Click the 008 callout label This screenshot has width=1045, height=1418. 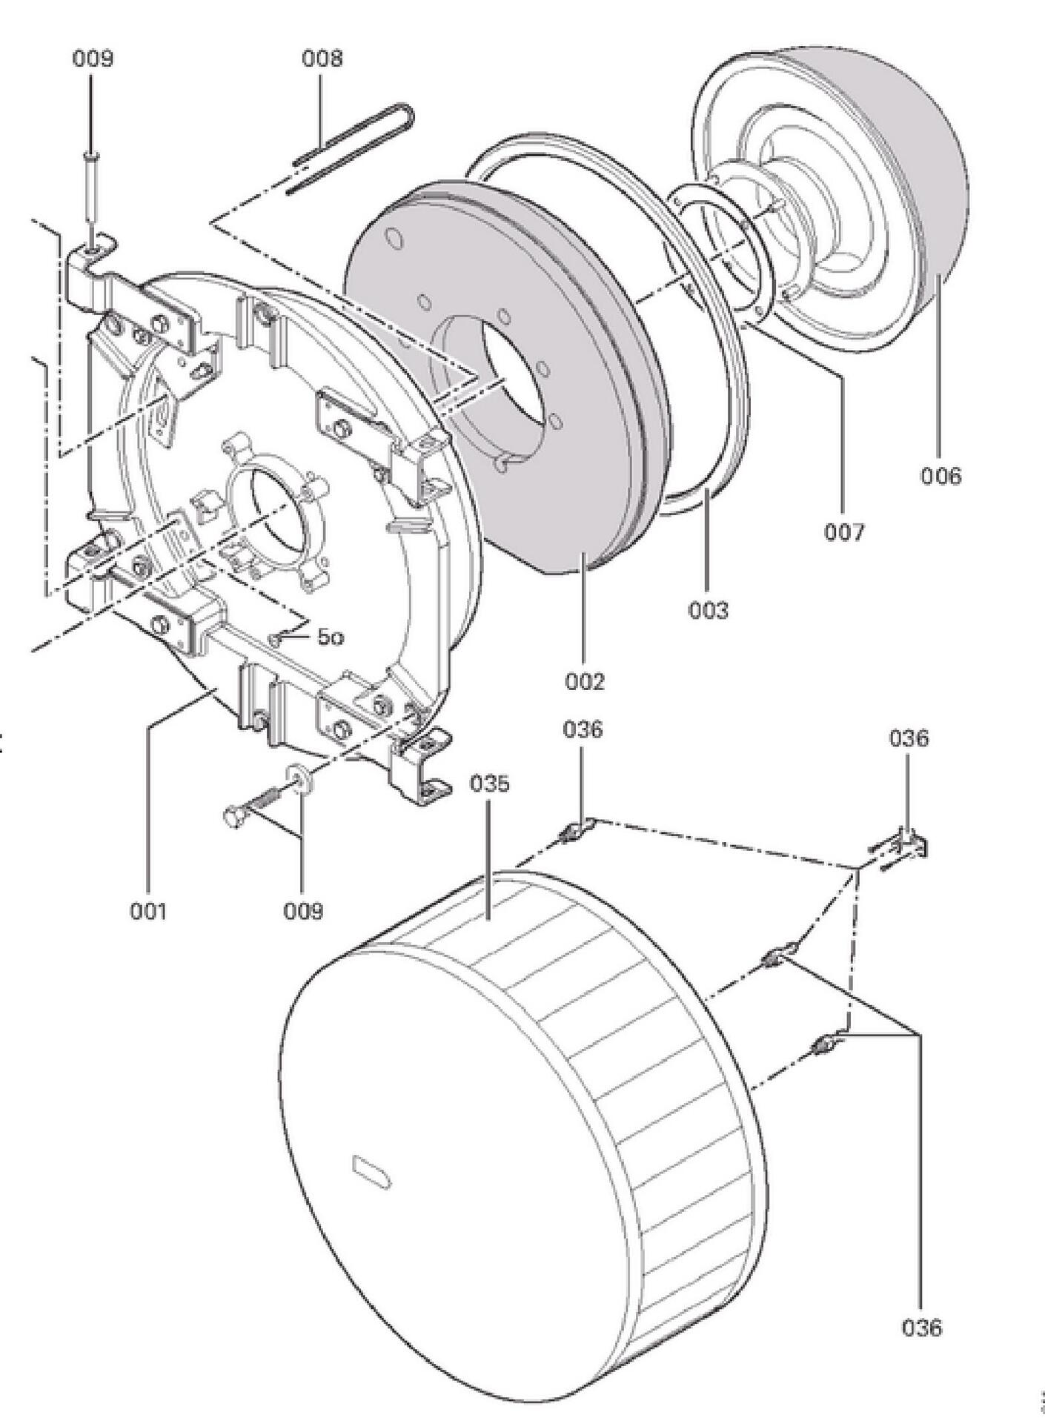coord(322,59)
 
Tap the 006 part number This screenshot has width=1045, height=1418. coord(940,475)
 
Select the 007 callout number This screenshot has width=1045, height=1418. coord(844,531)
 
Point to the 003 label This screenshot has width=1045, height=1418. coord(708,610)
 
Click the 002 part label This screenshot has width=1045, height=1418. coord(585,680)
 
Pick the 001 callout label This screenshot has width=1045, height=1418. coord(148,910)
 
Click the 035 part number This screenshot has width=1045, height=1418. coord(490,783)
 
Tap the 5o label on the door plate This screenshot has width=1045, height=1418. coord(331,637)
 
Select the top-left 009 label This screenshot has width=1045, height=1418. coord(93,59)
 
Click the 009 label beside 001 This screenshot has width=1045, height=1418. coord(303,910)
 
